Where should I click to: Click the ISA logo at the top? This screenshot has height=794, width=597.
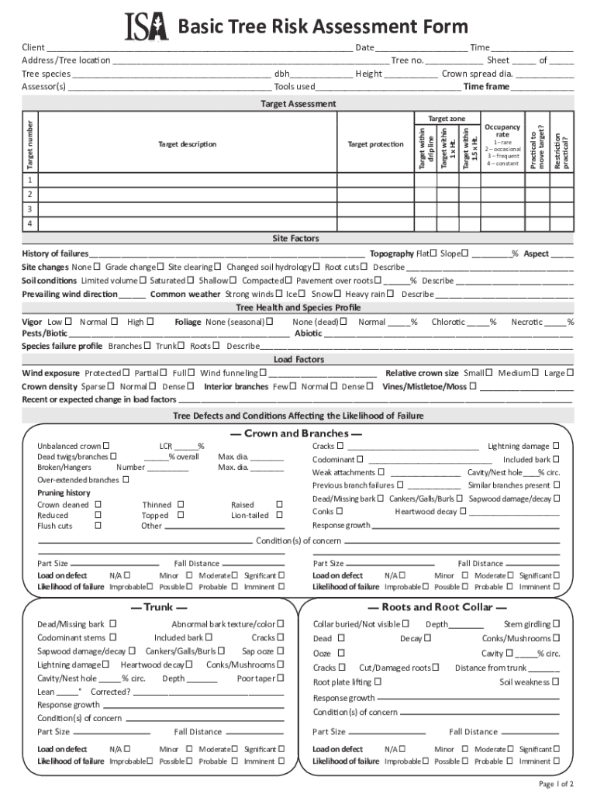(146, 27)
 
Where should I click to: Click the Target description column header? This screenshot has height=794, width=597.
(187, 144)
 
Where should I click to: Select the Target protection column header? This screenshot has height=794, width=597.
(375, 144)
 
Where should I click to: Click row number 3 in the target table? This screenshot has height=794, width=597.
(30, 209)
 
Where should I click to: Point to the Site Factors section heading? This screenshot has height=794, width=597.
(295, 239)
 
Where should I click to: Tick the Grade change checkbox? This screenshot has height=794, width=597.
(160, 267)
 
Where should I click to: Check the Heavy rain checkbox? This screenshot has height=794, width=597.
(390, 294)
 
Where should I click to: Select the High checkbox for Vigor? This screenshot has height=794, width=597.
(150, 321)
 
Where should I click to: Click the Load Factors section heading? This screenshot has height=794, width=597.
(298, 360)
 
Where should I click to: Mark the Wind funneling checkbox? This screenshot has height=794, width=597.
(263, 373)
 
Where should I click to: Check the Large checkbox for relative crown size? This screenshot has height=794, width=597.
(571, 373)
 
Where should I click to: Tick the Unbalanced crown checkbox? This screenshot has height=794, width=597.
(105, 446)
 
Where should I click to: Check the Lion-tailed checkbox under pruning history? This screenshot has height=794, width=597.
(280, 514)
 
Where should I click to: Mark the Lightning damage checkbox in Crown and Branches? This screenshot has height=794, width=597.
(556, 446)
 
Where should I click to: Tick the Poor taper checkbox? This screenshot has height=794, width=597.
(280, 678)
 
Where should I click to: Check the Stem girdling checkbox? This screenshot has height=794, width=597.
(556, 623)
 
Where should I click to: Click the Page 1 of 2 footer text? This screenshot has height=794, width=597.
(556, 784)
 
